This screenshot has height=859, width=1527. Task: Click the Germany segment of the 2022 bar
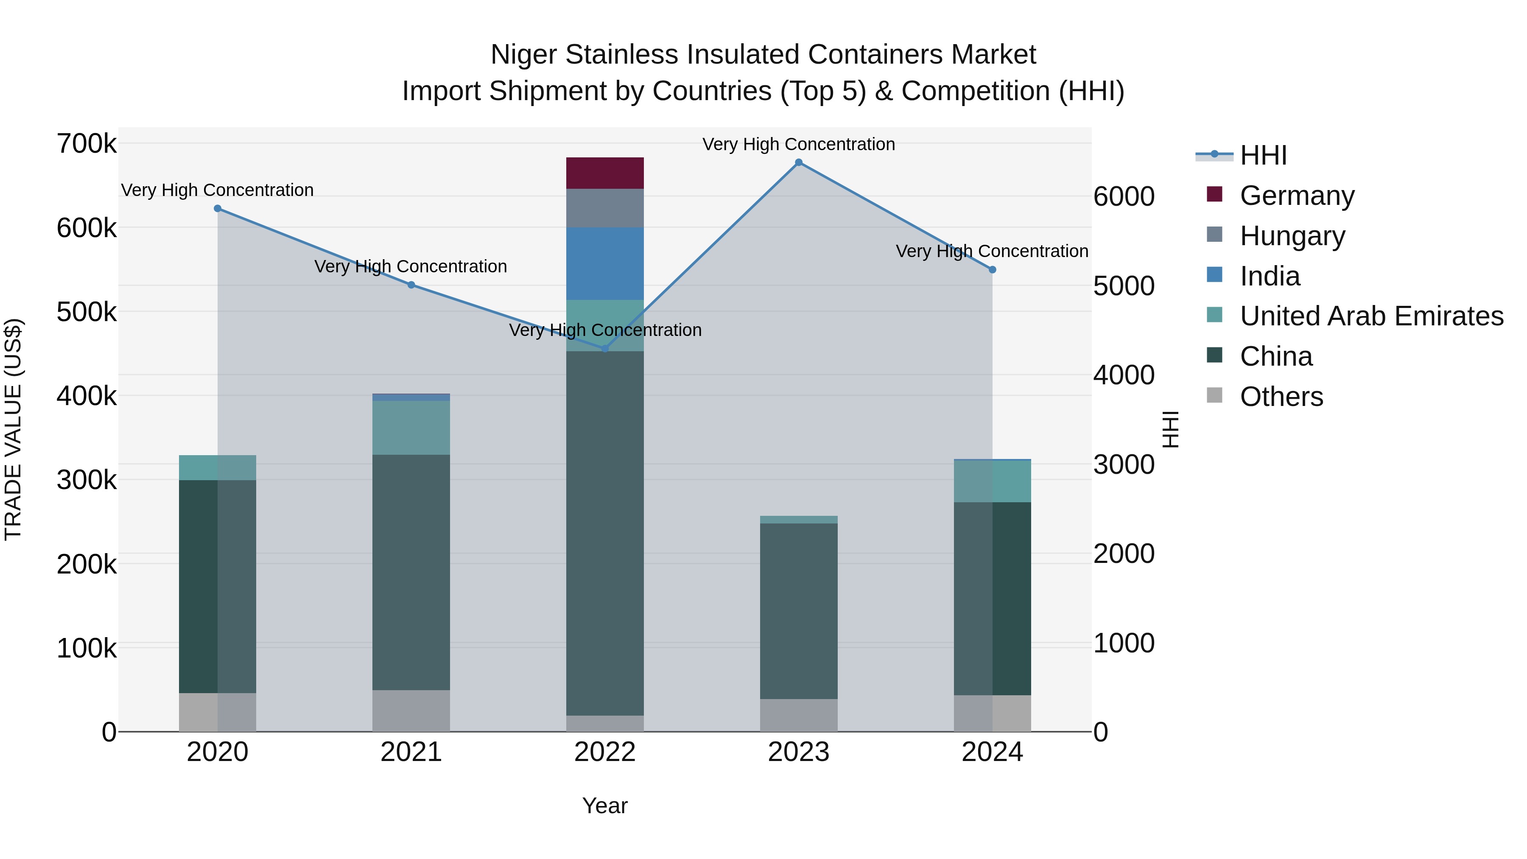point(604,173)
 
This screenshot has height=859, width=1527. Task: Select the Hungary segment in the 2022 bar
point(604,208)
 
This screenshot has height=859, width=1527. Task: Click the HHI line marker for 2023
point(798,162)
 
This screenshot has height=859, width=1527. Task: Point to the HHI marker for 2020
point(218,209)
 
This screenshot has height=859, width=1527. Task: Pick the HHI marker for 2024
point(992,270)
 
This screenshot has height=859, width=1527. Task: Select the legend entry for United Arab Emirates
point(1371,316)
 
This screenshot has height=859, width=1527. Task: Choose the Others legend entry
point(1281,397)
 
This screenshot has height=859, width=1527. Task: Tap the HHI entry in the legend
point(1263,155)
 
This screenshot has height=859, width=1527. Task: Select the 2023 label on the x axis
point(798,752)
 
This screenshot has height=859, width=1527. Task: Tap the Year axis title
point(604,806)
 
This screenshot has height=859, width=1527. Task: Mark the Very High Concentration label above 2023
point(798,144)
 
